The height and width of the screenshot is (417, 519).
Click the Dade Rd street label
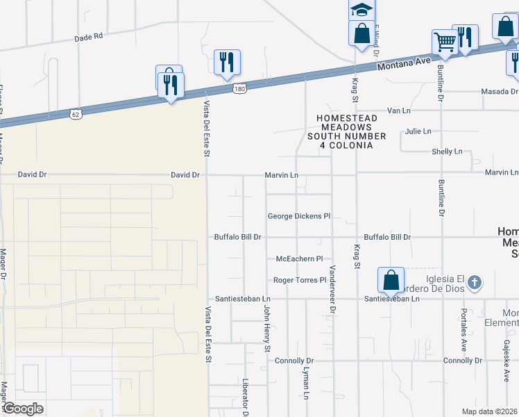(x=88, y=36)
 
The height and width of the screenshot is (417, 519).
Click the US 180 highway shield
(x=239, y=89)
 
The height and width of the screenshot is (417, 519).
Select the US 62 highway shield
(x=75, y=113)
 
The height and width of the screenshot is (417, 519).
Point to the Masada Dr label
(x=500, y=92)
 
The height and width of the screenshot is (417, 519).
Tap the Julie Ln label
(x=418, y=131)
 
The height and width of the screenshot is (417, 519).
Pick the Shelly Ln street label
(x=447, y=152)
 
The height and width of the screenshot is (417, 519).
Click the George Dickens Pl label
(x=299, y=216)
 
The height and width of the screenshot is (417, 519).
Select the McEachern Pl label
(x=300, y=259)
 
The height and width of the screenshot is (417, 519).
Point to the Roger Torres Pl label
(x=300, y=280)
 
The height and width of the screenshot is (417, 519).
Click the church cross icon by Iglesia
(x=474, y=282)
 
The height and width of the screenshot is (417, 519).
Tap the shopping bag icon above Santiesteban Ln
(x=391, y=279)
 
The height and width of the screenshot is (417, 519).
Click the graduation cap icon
(x=361, y=10)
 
